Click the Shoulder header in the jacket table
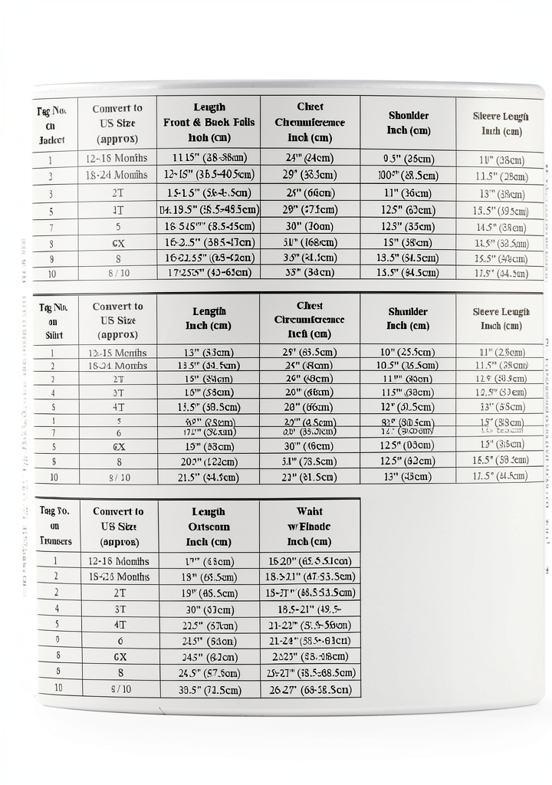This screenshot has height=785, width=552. [408, 123]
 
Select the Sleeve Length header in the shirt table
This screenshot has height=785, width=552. [501, 319]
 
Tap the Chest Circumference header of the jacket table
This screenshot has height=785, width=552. [310, 122]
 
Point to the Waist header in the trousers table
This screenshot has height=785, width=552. [310, 527]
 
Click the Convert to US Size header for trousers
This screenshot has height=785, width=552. [118, 527]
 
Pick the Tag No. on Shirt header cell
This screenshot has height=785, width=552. [53, 319]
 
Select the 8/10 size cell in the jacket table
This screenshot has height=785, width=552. [117, 273]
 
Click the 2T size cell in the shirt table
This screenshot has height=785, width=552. [118, 379]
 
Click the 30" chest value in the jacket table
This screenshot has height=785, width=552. [310, 227]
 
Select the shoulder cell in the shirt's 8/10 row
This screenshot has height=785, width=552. [408, 476]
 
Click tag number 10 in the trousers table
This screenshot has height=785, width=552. [58, 688]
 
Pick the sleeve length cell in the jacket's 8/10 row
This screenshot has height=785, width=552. [501, 274]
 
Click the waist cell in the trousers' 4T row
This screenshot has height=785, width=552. [310, 625]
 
